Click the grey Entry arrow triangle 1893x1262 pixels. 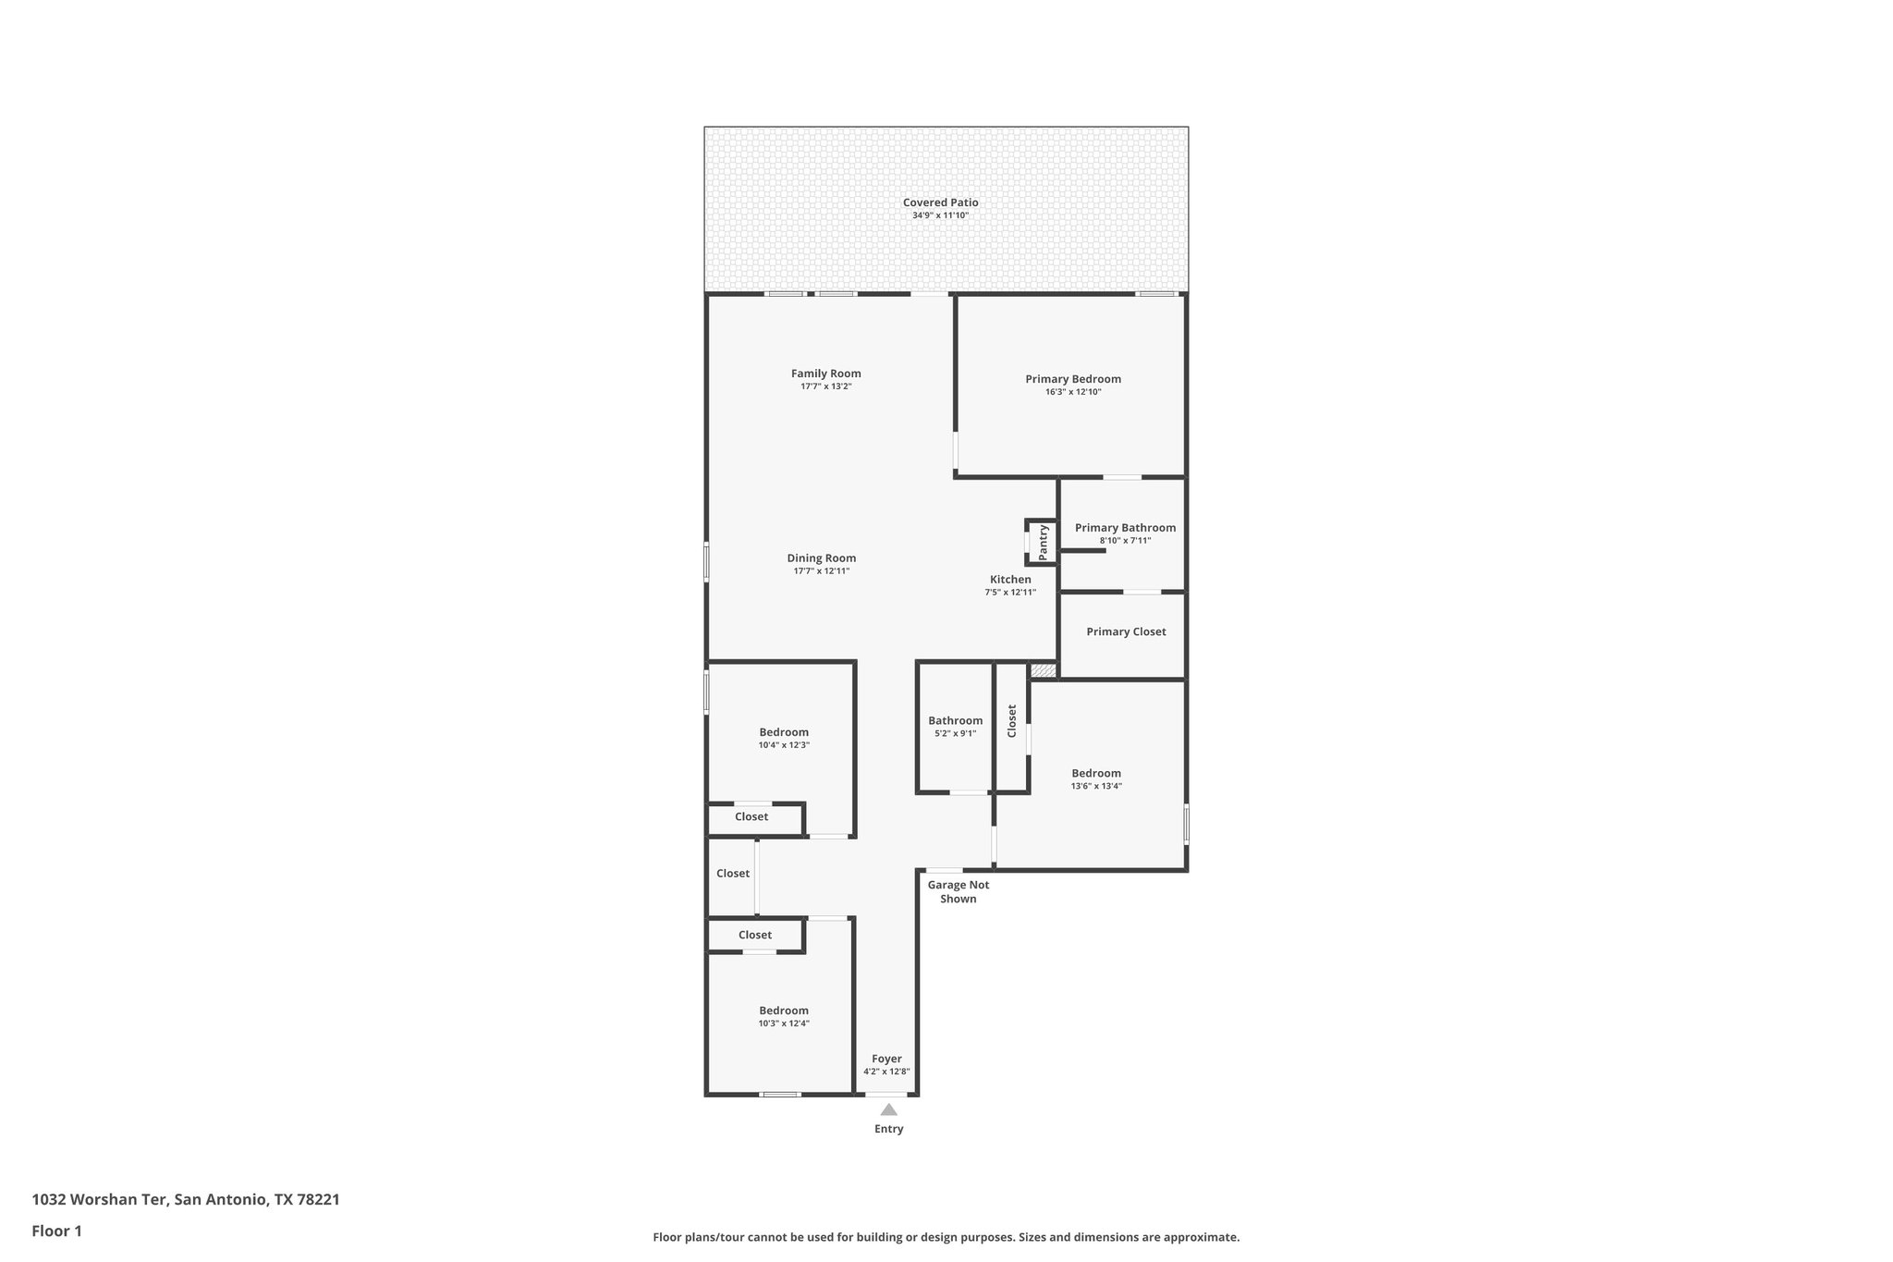888,1109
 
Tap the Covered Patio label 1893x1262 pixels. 940,202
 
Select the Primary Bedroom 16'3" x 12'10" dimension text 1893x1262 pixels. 1072,392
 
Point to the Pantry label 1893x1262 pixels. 1044,543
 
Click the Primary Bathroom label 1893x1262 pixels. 1125,528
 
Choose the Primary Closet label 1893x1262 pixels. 1126,631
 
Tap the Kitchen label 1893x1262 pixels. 1010,580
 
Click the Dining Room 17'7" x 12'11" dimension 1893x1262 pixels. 821,571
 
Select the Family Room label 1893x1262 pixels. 825,374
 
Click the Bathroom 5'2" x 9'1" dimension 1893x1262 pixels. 955,733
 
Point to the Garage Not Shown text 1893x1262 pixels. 958,891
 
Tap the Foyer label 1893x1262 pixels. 886,1059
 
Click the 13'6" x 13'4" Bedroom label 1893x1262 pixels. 1096,773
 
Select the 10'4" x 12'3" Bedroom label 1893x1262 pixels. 784,732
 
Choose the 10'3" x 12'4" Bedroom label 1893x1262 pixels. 784,1011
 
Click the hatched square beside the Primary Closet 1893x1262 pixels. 1043,670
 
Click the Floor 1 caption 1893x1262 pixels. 56,1231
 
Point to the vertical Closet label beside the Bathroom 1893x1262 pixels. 1012,721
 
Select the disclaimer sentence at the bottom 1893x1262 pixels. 946,1237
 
